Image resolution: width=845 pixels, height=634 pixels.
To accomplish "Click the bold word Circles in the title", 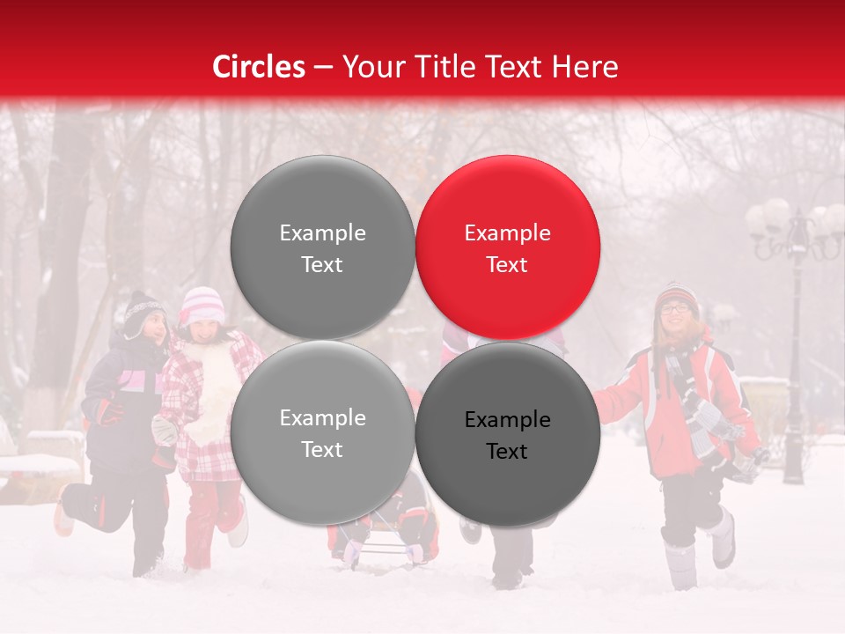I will coord(259,67).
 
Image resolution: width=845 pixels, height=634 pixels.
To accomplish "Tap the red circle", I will coord(508,247).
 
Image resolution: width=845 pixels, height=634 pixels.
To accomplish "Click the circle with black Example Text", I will coord(508,433).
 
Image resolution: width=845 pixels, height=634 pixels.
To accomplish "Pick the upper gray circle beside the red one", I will coord(322,247).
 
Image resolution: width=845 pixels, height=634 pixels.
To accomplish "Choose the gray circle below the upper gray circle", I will coord(322,432).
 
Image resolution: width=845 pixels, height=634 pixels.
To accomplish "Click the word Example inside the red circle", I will coord(508,232).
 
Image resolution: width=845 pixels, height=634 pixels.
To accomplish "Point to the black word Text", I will coord(507,451).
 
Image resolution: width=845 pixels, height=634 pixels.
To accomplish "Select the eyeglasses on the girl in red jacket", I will coord(676,307).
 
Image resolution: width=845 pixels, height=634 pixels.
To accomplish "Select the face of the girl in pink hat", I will coord(203,330).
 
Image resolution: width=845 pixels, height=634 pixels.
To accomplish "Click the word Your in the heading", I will coord(374,67).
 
